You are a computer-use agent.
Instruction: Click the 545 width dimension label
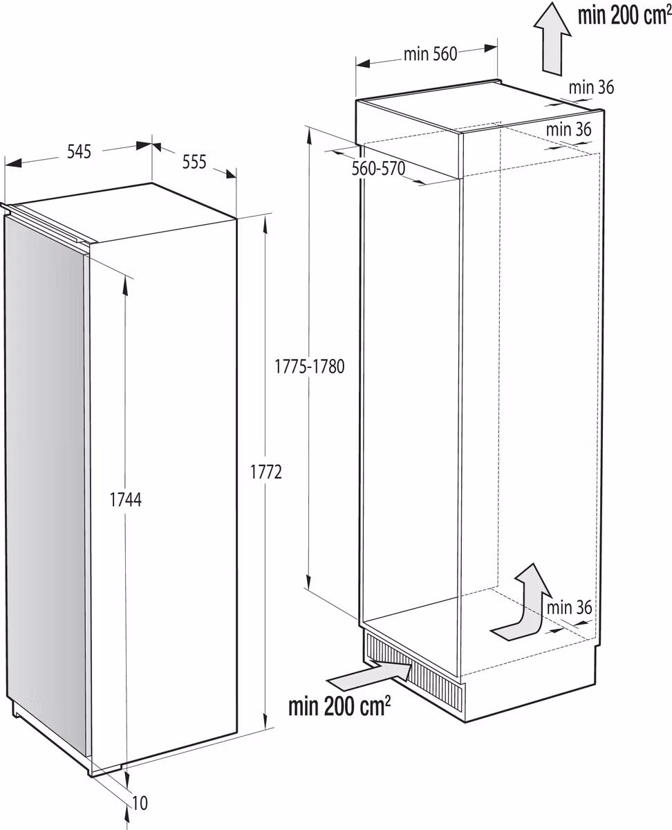(80, 152)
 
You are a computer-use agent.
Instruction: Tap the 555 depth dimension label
(194, 162)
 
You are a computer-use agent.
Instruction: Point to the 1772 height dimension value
(266, 472)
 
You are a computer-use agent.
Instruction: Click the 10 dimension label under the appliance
(140, 804)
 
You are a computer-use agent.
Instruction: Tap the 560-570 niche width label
(377, 169)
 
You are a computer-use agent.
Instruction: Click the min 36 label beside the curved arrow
(569, 607)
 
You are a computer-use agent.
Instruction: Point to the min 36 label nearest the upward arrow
(591, 87)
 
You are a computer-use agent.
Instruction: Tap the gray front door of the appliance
(45, 477)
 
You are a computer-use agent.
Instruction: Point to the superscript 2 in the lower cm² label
(387, 699)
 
